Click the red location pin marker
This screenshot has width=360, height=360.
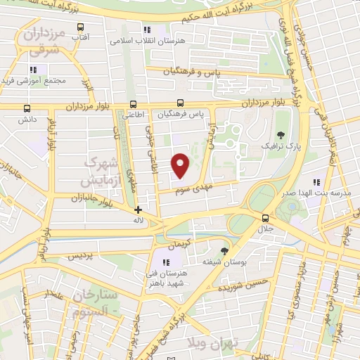click(181, 165)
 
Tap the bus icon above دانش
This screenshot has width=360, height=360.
click(27, 109)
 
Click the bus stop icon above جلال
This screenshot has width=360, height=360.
click(265, 218)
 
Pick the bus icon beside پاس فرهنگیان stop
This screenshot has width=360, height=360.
click(180, 103)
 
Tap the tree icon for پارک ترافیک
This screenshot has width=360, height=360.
click(281, 134)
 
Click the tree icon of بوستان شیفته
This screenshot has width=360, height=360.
click(224, 250)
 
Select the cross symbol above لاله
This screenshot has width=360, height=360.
click(138, 209)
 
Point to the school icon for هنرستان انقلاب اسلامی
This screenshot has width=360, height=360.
click(147, 30)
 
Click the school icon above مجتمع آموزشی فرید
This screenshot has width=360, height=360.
click(33, 69)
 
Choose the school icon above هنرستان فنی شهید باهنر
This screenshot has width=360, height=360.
click(167, 263)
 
